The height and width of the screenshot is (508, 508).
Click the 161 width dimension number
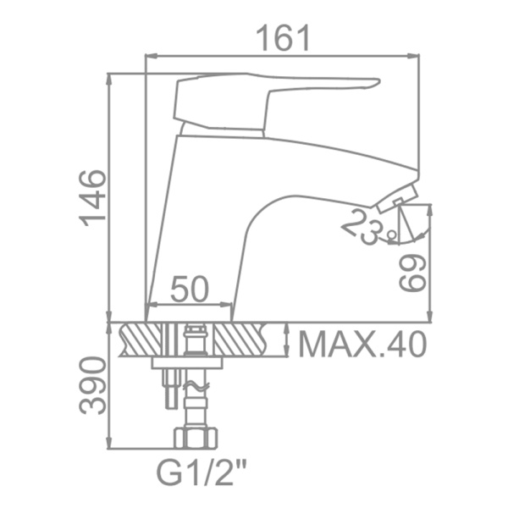[x=283, y=39]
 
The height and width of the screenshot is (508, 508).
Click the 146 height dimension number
[x=92, y=198]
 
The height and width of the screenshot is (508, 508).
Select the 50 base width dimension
[x=190, y=289]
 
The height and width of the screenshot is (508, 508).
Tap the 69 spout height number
[x=411, y=273]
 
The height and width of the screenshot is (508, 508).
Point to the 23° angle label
[x=368, y=226]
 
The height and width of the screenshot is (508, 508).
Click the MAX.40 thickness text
[x=362, y=345]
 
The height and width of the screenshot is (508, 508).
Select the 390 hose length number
[x=92, y=385]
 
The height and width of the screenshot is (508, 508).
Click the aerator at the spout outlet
[x=398, y=198]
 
